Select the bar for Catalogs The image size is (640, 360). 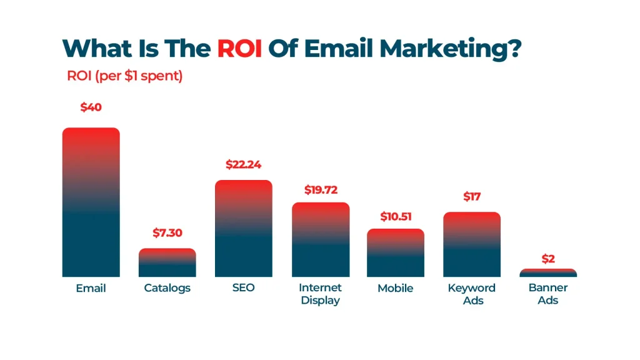click(x=167, y=262)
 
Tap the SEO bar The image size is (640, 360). click(x=243, y=228)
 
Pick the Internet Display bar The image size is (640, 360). click(x=320, y=239)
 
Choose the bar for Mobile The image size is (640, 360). click(x=396, y=252)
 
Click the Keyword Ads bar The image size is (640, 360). click(x=472, y=244)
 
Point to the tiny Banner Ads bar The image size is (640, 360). click(x=548, y=273)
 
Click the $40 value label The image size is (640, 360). click(x=91, y=107)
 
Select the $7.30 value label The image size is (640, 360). click(x=167, y=233)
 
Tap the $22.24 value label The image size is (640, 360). click(x=243, y=165)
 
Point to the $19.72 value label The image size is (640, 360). click(x=320, y=189)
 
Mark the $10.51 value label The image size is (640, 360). click(x=396, y=217)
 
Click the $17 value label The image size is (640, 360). click(x=472, y=197)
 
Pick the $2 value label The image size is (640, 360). click(x=548, y=259)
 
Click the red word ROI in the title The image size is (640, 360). click(x=239, y=48)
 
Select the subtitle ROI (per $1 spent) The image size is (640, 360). click(x=125, y=76)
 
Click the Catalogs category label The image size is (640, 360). click(x=167, y=288)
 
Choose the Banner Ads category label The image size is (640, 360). click(x=548, y=294)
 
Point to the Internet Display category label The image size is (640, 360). click(x=320, y=294)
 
